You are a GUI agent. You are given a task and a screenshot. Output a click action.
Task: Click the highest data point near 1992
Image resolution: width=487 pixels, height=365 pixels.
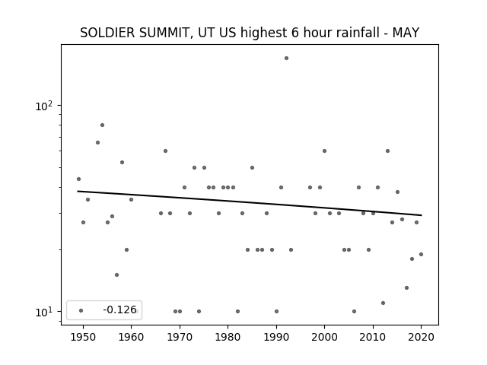[x=286, y=58]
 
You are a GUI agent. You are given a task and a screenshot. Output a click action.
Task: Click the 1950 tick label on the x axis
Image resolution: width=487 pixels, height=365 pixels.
[x=83, y=337]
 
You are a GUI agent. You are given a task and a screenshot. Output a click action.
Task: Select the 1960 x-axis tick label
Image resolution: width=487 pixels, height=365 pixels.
[x=131, y=337]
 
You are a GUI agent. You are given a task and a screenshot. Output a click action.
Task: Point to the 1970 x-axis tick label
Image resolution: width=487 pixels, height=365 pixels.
[x=180, y=337]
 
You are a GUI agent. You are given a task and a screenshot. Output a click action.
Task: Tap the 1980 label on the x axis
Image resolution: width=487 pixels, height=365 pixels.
[x=228, y=337]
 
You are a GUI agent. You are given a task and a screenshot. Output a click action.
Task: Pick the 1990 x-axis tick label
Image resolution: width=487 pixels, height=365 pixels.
[x=276, y=337]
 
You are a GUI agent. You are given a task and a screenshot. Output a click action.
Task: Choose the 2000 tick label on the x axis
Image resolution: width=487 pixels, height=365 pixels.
[x=324, y=337]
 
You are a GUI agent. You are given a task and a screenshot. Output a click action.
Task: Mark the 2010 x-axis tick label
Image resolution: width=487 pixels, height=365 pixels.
[x=373, y=337]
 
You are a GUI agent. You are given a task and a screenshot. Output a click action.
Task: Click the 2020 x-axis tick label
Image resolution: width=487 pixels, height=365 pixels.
[x=421, y=337]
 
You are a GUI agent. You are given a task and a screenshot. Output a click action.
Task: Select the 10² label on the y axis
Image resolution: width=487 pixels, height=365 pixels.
[x=44, y=106]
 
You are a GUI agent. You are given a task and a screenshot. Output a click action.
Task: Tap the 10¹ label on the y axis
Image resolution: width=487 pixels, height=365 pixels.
[x=44, y=312]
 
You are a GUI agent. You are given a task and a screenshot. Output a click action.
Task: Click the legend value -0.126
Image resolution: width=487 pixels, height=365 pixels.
[x=119, y=309]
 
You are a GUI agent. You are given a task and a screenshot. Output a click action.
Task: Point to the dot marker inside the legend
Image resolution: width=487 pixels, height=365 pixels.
[x=81, y=310]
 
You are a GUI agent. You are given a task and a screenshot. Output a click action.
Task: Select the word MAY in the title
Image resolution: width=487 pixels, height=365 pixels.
[x=406, y=33]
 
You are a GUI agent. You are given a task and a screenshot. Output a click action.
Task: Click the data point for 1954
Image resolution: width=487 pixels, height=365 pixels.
[x=102, y=125]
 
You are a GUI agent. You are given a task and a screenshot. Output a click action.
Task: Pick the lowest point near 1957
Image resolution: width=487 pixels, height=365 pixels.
[x=116, y=275]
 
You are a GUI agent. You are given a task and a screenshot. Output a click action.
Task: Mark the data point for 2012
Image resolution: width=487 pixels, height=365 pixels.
[x=383, y=303]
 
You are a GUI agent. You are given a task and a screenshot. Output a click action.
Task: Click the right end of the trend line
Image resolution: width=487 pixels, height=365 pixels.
[x=422, y=215]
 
